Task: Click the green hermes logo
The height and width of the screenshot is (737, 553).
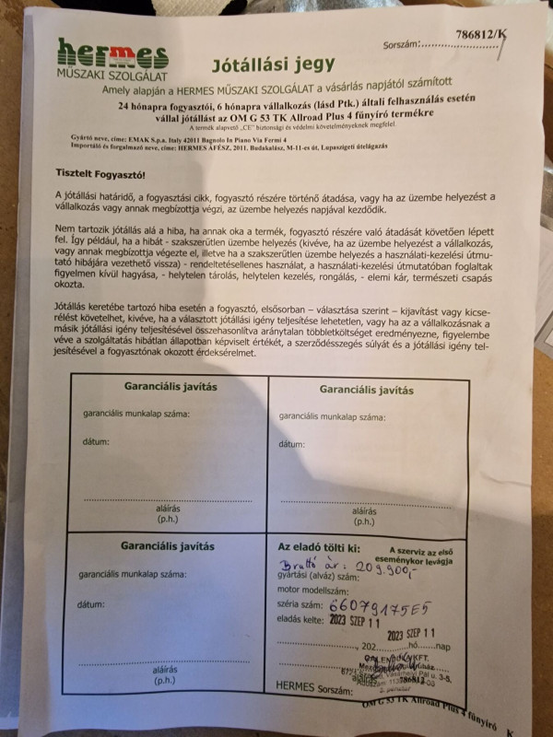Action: tap(112, 53)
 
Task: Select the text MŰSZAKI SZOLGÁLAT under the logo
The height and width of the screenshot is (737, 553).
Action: tap(110, 73)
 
